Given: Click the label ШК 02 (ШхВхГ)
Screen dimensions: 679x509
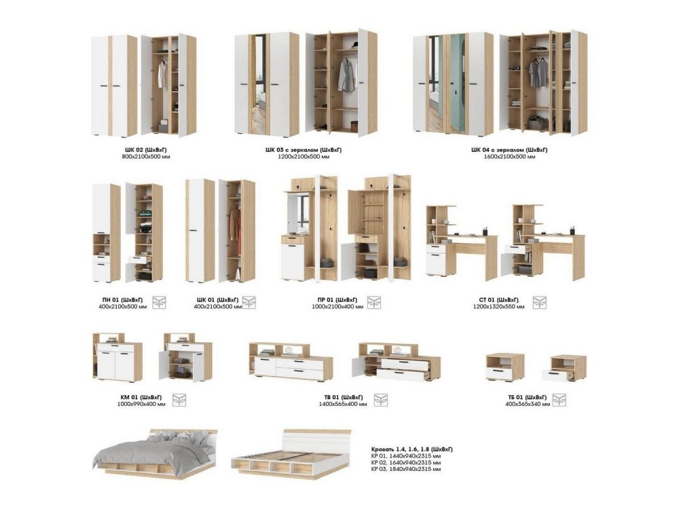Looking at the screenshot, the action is point(146,150).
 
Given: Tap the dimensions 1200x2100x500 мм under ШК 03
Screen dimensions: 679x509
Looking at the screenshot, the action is point(304,157).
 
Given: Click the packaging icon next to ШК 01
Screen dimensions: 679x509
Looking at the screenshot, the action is point(249,303).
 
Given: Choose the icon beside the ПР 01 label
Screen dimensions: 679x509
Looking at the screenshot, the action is point(373,303).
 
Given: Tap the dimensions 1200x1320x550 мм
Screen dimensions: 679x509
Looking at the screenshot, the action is point(498,307).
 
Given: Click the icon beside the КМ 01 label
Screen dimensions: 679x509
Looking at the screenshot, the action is point(179,400).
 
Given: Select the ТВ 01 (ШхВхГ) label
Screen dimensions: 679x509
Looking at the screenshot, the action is point(344,397).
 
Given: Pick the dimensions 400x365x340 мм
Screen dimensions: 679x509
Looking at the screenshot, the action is point(528,404).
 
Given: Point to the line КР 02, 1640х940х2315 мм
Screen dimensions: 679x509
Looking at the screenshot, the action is point(406,462).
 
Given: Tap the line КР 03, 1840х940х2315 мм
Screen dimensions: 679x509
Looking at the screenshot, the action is point(406,469).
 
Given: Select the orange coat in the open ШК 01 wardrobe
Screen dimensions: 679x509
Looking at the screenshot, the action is point(235,230).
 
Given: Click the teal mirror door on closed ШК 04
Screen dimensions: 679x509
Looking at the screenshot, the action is point(457,83).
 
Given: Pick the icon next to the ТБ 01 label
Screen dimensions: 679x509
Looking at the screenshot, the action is point(559,400).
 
